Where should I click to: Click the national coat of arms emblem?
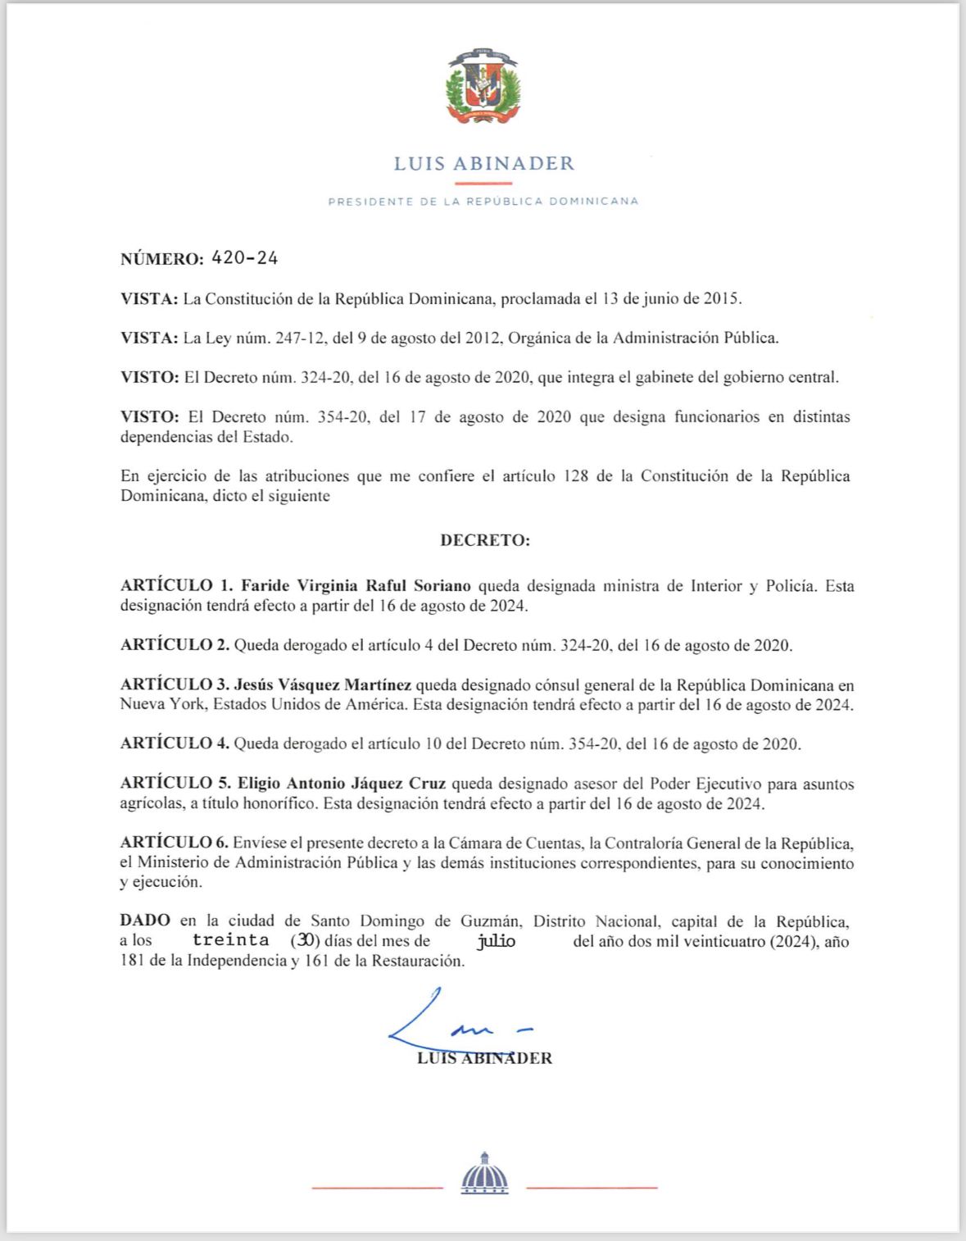pyautogui.click(x=483, y=88)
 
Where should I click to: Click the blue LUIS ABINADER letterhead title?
pyautogui.click(x=483, y=164)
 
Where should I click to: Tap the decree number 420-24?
pyautogui.click(x=244, y=259)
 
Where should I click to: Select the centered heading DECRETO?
pyautogui.click(x=485, y=540)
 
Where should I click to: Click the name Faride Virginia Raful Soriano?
pyautogui.click(x=355, y=586)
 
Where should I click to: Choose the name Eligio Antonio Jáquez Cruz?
pyautogui.click(x=342, y=784)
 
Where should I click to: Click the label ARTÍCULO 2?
pyautogui.click(x=175, y=645)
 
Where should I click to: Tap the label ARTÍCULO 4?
pyautogui.click(x=175, y=744)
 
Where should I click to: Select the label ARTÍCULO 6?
pyautogui.click(x=175, y=843)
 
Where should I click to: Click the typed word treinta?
pyautogui.click(x=230, y=940)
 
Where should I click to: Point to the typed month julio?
pyautogui.click(x=497, y=941)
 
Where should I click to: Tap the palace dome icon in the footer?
pyautogui.click(x=484, y=1174)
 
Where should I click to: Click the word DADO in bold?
pyautogui.click(x=145, y=921)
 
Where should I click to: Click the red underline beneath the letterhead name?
pyautogui.click(x=483, y=184)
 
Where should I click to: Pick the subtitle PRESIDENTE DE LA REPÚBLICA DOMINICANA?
pyautogui.click(x=483, y=202)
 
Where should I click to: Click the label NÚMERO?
pyautogui.click(x=161, y=260)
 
